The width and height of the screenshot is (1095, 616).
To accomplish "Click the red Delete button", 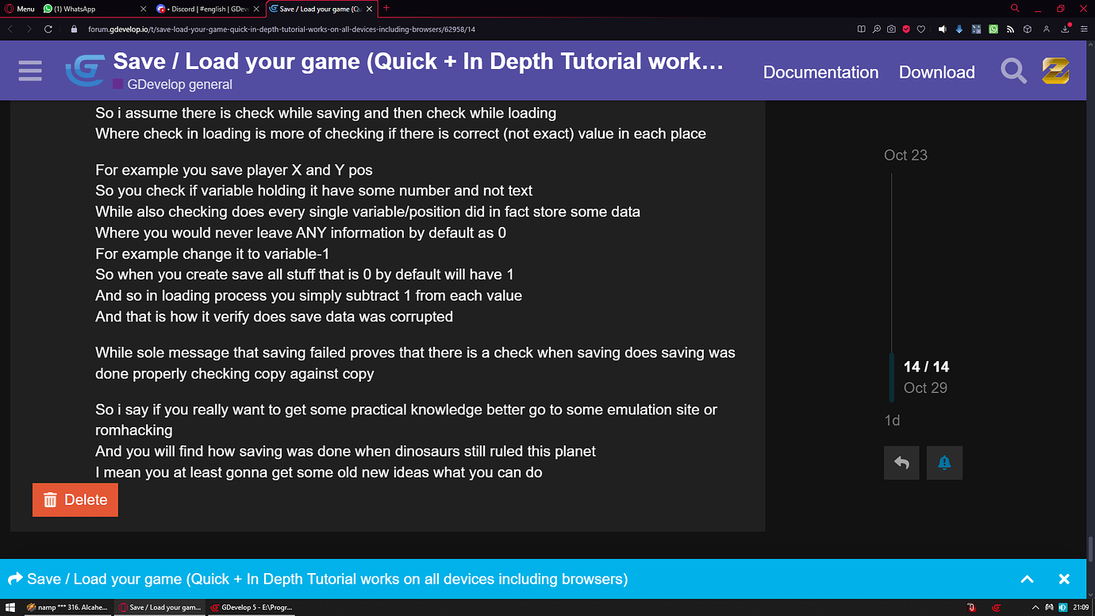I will click(75, 499).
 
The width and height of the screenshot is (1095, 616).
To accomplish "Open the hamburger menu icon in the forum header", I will click(30, 71).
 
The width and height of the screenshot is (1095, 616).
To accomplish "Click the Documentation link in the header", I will click(820, 72).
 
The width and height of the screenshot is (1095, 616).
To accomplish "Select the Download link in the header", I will click(936, 72).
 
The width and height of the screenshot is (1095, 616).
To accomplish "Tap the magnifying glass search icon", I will click(1013, 71).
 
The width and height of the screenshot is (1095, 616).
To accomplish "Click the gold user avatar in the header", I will click(1055, 71).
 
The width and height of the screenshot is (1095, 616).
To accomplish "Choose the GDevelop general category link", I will click(179, 84).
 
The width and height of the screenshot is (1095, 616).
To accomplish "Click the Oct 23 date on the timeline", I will click(905, 155).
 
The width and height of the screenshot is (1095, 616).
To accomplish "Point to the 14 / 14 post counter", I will click(926, 367).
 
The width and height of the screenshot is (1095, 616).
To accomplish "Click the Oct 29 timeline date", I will click(925, 387).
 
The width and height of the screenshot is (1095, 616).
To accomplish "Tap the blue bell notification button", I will click(944, 463).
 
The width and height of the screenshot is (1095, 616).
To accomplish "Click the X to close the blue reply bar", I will click(1064, 579).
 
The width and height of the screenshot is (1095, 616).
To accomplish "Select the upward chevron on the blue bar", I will click(1027, 579).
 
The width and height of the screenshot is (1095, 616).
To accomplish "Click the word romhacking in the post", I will click(133, 430).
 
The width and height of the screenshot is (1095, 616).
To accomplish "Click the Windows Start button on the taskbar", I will click(10, 607).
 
